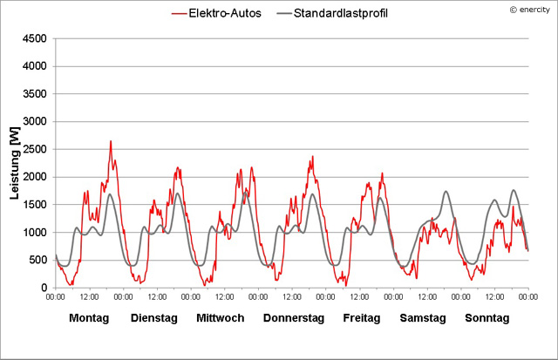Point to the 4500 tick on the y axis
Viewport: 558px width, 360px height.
pyautogui.click(x=35, y=39)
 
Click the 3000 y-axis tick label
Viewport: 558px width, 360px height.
pyautogui.click(x=35, y=122)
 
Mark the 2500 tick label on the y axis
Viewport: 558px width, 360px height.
pyautogui.click(x=35, y=150)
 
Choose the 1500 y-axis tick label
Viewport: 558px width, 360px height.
pyautogui.click(x=35, y=205)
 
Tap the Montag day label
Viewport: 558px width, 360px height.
pyautogui.click(x=89, y=318)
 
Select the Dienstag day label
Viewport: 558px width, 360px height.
pyautogui.click(x=154, y=318)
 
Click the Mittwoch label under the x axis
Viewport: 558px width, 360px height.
pyautogui.click(x=220, y=318)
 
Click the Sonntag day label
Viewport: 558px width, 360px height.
pyautogui.click(x=487, y=318)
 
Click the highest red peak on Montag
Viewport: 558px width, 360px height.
pyautogui.click(x=111, y=141)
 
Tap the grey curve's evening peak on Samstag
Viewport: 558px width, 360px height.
pyautogui.click(x=446, y=192)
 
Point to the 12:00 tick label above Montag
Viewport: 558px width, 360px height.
pyautogui.click(x=89, y=297)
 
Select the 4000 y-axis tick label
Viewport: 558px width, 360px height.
pyautogui.click(x=35, y=66)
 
